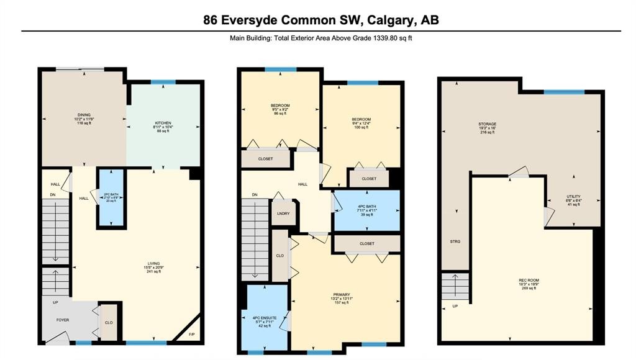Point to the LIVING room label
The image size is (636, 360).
point(153,268)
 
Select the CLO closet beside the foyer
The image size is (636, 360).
point(108,323)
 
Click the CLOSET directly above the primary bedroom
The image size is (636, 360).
point(366,243)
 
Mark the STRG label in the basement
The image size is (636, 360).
point(455,241)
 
